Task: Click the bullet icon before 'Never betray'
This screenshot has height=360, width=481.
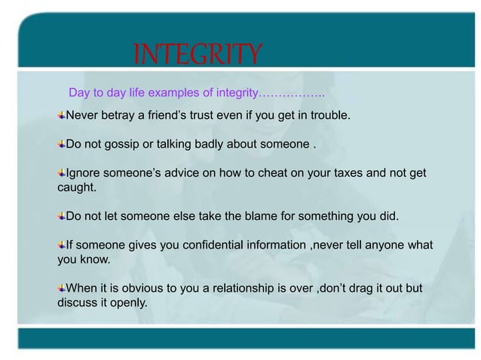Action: [62, 117]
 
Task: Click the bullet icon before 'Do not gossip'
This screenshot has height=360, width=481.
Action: [62, 144]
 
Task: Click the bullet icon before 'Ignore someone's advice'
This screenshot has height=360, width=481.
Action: [62, 173]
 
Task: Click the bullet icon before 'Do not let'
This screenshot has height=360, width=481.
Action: [62, 217]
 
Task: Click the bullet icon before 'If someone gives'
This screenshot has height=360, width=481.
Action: [62, 246]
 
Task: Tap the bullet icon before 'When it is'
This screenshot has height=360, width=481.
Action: [62, 288]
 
